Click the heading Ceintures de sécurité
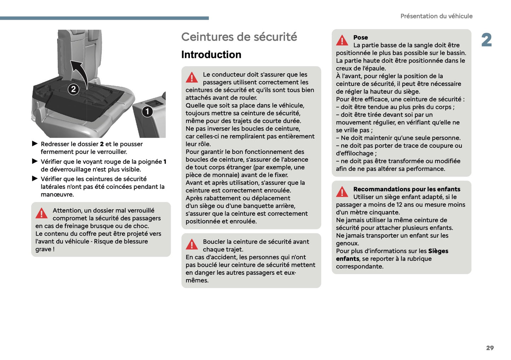pos(239,37)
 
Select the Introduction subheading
pos(211,54)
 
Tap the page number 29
pos(490,348)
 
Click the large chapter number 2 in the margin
pos(486,40)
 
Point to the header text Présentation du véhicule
pos(436,16)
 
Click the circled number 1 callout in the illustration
pos(147,111)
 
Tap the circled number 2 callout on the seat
pos(73,89)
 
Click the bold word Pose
pos(360,37)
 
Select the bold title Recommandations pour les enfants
pos(407,189)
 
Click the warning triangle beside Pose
pos(342,41)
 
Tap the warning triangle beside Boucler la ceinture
pos(192,244)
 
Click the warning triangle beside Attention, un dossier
pos(41,213)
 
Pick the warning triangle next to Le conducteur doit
pos(192,77)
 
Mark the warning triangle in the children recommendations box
pos(342,192)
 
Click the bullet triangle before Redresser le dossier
pos(35,144)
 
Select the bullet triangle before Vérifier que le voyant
pos(35,161)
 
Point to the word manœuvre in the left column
pos(57,194)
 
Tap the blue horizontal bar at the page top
pos(104,18)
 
